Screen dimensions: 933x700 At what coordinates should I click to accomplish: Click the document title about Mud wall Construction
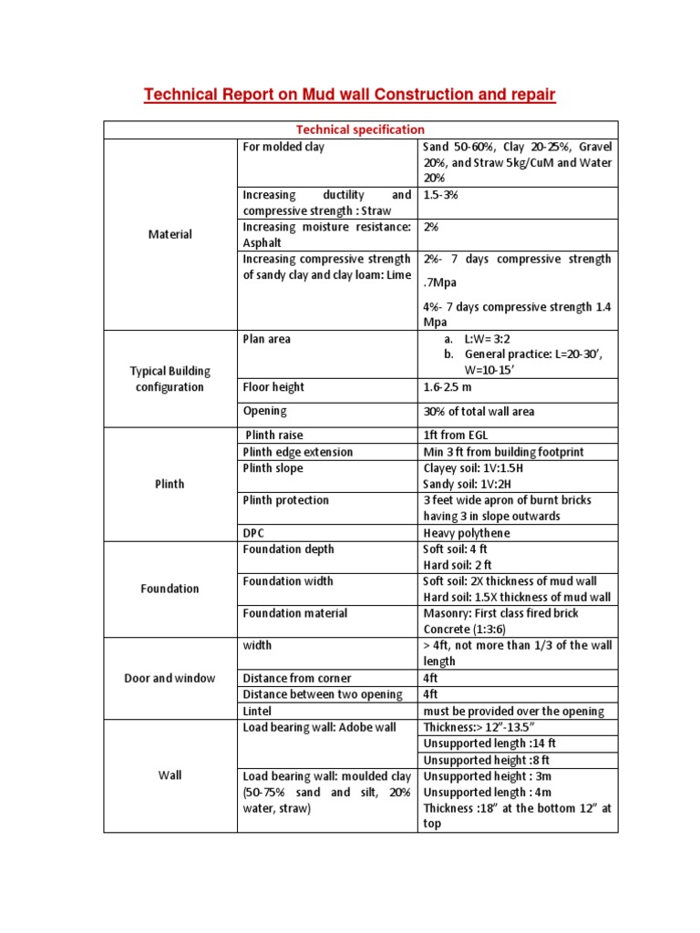[x=349, y=95]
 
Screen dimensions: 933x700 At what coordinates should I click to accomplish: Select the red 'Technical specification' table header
[x=360, y=130]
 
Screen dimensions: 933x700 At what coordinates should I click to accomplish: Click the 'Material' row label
[x=170, y=234]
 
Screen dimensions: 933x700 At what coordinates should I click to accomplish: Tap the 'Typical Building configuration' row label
[x=170, y=379]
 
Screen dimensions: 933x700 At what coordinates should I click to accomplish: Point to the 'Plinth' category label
[x=170, y=484]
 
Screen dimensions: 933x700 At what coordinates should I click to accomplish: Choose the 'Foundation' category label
[x=170, y=589]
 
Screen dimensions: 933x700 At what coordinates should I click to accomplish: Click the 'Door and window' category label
[x=170, y=678]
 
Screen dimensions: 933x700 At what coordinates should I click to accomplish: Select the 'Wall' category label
[x=170, y=775]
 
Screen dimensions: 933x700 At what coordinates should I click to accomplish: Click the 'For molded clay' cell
[x=283, y=147]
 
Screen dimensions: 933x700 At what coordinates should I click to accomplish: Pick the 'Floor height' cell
[x=273, y=387]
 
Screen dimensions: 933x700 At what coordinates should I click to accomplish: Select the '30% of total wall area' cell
[x=479, y=412]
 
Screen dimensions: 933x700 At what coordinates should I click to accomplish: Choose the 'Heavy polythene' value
[x=467, y=532]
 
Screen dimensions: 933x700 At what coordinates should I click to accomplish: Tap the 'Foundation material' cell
[x=294, y=613]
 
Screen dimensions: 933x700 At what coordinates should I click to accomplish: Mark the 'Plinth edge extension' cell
[x=298, y=452]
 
